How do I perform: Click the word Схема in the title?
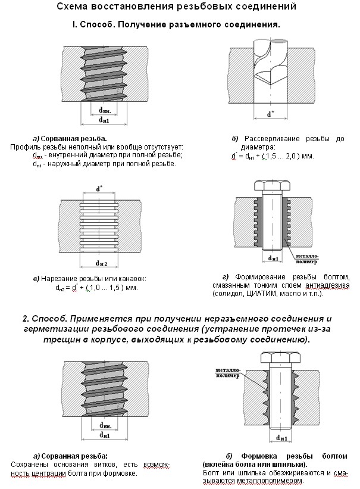pyautogui.click(x=73, y=7)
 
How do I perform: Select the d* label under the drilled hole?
pyautogui.click(x=270, y=114)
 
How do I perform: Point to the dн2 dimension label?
pyautogui.click(x=100, y=263)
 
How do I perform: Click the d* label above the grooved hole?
pyautogui.click(x=99, y=189)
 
